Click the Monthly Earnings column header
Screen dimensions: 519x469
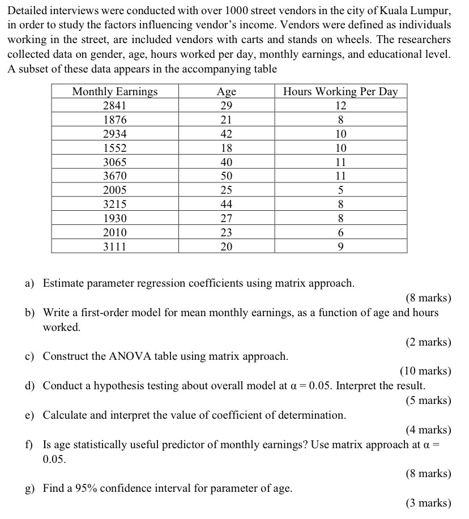pos(115,92)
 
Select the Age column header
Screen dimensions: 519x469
pos(227,92)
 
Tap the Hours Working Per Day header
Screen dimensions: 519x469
pos(340,92)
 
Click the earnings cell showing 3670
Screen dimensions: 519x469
pos(115,176)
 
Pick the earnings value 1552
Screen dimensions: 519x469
pos(115,148)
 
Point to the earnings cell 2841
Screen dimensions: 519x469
pos(115,106)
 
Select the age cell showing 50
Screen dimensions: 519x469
pos(227,176)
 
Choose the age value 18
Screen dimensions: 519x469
pos(227,148)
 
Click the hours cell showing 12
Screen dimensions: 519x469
pos(340,106)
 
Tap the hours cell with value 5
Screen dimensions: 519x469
pos(340,190)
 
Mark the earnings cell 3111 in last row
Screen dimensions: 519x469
pos(115,246)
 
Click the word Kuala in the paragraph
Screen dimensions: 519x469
pos(389,11)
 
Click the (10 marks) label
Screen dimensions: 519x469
pos(425,372)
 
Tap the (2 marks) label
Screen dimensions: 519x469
pos(428,342)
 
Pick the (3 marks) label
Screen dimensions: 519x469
pos(428,503)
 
